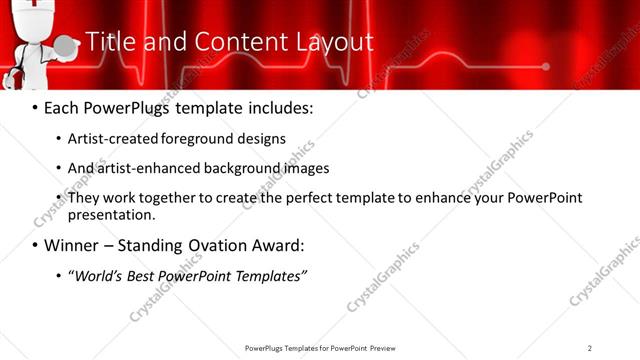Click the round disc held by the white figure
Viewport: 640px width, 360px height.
click(x=65, y=46)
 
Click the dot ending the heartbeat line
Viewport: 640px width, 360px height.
click(x=545, y=67)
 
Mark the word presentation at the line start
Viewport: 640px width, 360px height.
click(x=111, y=214)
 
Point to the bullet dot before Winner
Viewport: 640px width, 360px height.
click(x=36, y=245)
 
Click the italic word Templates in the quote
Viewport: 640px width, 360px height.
click(x=270, y=275)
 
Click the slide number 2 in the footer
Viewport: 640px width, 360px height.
click(x=590, y=348)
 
